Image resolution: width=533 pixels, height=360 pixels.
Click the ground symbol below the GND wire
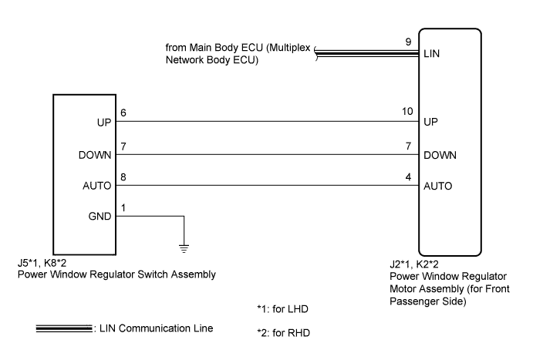pos(184,248)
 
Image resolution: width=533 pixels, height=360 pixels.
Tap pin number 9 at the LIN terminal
pos(408,42)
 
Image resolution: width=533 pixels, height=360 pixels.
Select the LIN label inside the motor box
pos(431,54)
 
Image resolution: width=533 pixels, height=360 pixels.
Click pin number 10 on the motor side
pos(407,112)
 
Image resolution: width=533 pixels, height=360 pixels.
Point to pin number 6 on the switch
pos(123,113)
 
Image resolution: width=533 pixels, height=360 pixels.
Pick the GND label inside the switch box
pos(100,217)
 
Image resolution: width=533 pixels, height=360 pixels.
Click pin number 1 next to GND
pos(123,208)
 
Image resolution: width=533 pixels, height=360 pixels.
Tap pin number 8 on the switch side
pos(123,177)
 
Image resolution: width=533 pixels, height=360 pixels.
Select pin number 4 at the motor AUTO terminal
pos(408,177)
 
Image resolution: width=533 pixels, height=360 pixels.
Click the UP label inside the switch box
pos(104,123)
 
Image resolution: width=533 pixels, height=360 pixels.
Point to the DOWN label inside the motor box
pos(440,155)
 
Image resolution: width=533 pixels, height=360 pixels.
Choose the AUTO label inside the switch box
pos(97,186)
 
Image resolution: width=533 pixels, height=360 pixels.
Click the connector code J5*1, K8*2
pos(42,263)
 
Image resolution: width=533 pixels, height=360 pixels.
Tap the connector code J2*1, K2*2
pos(414,264)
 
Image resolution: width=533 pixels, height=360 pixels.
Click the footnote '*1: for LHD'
pos(282,309)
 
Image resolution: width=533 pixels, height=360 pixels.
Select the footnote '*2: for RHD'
pos(284,333)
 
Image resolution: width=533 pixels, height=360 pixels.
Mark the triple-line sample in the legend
pos(64,328)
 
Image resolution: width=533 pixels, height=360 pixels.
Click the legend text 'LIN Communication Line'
pos(157,328)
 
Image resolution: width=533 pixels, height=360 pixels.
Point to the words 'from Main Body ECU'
pos(214,48)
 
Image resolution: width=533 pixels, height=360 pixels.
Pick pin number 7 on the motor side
pos(408,146)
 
